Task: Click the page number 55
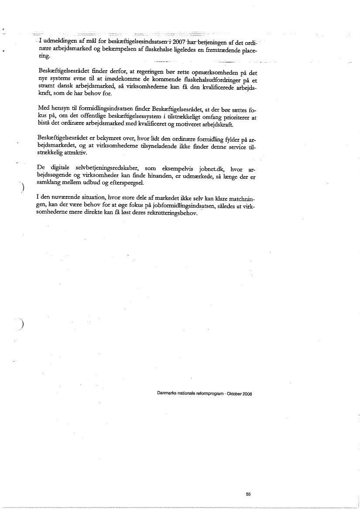click(x=248, y=494)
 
